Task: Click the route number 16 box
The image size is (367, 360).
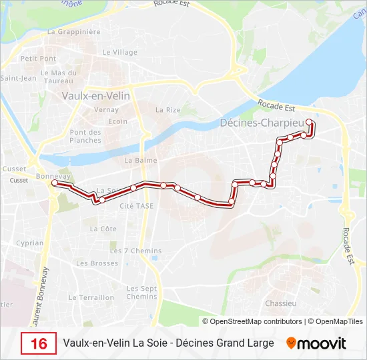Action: pos(39,343)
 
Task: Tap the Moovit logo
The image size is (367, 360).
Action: pos(316,343)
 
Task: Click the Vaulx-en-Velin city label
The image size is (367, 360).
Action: pos(95,95)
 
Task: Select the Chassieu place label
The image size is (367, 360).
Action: pos(280,303)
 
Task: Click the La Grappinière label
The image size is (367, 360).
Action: pos(74,31)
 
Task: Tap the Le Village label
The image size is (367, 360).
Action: pos(121,52)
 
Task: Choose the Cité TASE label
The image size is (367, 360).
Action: pos(136,206)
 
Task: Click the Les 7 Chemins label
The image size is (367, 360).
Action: pos(135,251)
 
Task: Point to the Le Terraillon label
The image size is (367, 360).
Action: pos(91,298)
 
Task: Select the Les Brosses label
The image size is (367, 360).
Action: pos(97,263)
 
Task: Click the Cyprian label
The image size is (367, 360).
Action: pos(29,243)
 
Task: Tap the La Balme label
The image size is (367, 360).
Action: pos(141,160)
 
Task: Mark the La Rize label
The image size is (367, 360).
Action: pos(167,110)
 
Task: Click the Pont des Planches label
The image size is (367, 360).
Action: pos(85,136)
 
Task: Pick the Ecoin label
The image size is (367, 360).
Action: pos(118,121)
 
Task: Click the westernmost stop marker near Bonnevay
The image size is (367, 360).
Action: pos(55,182)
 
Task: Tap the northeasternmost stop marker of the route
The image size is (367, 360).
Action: pos(309,122)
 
